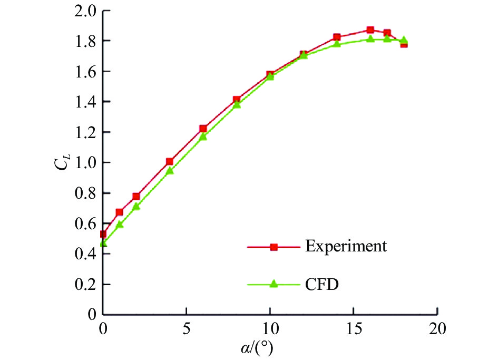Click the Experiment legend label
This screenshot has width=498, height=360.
[x=346, y=246]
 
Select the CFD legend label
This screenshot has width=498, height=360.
[x=321, y=284]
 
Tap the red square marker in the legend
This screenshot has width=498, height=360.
[x=274, y=247]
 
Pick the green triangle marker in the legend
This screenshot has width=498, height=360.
[x=274, y=284]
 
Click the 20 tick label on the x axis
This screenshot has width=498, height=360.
[x=437, y=330]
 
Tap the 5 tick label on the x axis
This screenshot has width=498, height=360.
[x=187, y=330]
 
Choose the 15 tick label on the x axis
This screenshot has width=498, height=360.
[x=353, y=330]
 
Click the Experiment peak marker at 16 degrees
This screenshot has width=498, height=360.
[x=370, y=30]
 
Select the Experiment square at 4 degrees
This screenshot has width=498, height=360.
[x=170, y=162]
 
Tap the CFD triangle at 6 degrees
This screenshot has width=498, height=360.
[x=203, y=137]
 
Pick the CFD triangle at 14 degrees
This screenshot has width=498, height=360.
[x=337, y=44]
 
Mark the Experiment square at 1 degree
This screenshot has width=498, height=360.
[x=120, y=212]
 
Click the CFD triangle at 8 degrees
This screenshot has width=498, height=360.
[x=237, y=104]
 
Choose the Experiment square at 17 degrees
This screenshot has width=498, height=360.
[x=387, y=33]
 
